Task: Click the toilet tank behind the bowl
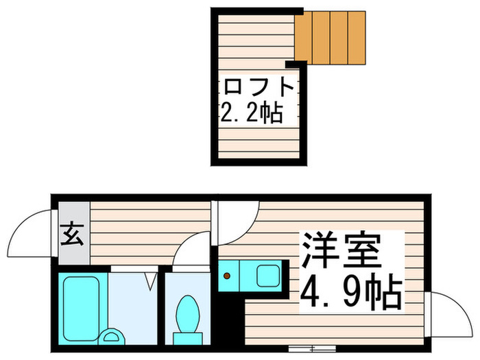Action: [x=187, y=337]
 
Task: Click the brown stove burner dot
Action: [x=226, y=277]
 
